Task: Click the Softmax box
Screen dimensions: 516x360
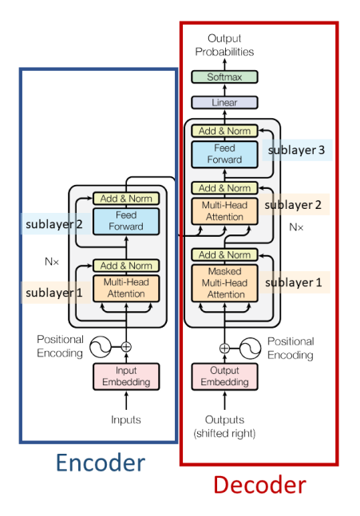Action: (x=224, y=77)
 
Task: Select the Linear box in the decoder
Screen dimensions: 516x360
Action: (x=224, y=103)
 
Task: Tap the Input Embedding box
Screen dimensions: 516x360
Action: (x=126, y=376)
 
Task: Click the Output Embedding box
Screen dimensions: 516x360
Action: (x=224, y=376)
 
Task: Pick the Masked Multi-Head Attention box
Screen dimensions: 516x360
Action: (x=224, y=283)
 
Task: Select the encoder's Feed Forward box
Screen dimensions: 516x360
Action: (x=126, y=221)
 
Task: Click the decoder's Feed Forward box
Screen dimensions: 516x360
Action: (x=224, y=154)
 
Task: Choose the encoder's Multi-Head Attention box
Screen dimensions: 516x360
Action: (x=126, y=288)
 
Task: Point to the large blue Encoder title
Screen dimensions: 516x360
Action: (x=100, y=463)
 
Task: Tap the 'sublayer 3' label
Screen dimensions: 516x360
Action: (x=297, y=149)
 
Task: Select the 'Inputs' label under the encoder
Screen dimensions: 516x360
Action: (x=126, y=419)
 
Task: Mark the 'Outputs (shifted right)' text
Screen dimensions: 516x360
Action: (x=224, y=426)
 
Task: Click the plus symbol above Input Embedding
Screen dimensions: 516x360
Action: (x=126, y=347)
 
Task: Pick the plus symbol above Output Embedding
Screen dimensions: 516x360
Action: (x=224, y=348)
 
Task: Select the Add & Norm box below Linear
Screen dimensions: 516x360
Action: (x=224, y=131)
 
